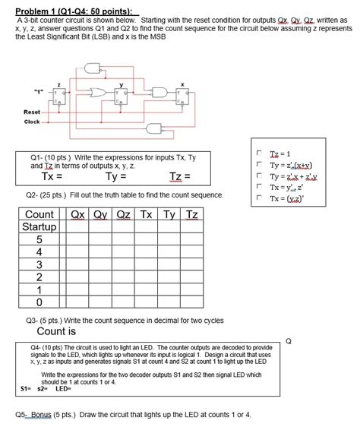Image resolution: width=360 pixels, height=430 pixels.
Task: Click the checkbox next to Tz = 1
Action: point(260,152)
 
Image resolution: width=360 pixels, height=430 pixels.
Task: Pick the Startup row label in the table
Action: point(39,227)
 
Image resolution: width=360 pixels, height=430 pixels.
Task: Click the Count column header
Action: point(39,214)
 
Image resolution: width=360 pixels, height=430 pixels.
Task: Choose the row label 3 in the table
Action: point(39,265)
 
